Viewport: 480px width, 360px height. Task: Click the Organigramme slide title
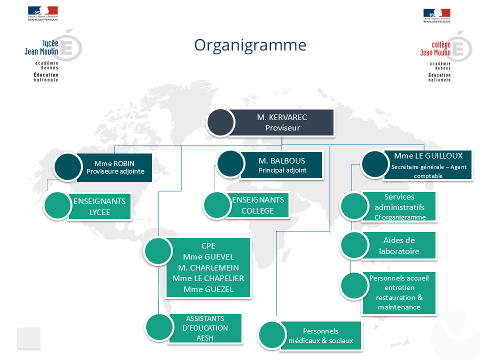[250, 45]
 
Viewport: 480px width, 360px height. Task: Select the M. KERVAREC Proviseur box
[282, 122]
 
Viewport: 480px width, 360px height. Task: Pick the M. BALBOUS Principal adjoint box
[282, 165]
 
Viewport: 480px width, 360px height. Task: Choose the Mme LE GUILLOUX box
[428, 165]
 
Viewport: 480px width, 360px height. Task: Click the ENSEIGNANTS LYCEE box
[100, 206]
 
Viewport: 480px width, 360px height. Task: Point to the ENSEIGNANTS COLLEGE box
[258, 205]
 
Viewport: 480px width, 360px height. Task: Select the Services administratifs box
[400, 207]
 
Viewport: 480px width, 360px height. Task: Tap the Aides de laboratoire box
[399, 245]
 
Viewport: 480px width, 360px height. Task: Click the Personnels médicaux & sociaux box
[320, 336]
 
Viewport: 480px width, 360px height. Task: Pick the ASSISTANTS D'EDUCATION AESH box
[205, 328]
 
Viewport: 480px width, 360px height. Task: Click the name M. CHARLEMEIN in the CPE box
[208, 267]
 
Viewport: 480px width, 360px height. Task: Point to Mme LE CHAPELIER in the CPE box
[208, 278]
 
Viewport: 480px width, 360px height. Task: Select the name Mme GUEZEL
[208, 289]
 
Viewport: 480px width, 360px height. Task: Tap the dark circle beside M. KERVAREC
[220, 122]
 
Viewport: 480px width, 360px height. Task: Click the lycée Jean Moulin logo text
[41, 48]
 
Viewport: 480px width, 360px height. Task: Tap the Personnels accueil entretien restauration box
[399, 292]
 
